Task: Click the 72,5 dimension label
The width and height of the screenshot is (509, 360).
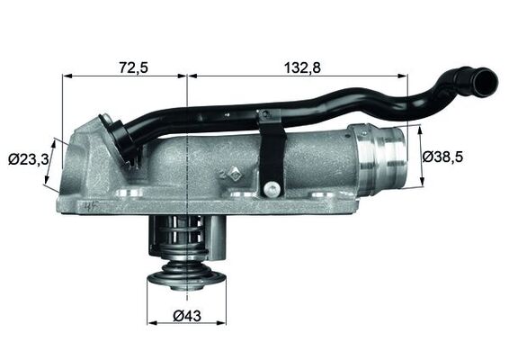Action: pos(133,67)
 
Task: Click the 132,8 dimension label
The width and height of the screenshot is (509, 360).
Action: pos(302,67)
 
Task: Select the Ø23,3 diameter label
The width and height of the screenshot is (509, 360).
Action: pos(28,159)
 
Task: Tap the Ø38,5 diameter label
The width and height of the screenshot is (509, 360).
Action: pos(442,157)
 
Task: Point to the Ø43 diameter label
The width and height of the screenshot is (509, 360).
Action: pos(187,316)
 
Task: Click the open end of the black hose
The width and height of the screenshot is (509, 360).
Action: pos(485,83)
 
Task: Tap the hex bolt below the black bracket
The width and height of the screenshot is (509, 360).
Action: pos(271,189)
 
